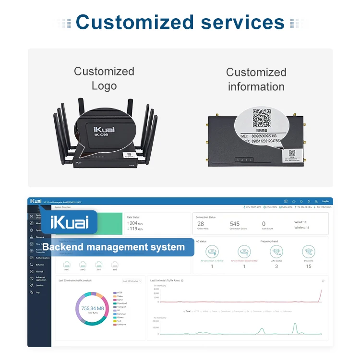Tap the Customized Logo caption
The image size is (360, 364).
click(x=104, y=79)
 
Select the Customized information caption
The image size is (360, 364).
click(x=256, y=79)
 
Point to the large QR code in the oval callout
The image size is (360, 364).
click(x=262, y=119)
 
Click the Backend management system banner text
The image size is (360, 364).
click(x=113, y=247)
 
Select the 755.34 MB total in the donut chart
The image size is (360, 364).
click(x=92, y=308)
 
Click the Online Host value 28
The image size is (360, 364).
click(x=201, y=224)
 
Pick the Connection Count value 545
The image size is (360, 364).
click(x=234, y=224)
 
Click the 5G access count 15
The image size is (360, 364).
click(x=309, y=267)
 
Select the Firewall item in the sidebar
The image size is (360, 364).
click(x=40, y=271)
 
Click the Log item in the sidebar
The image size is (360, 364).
click(x=37, y=292)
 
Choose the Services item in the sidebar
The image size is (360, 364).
click(x=39, y=285)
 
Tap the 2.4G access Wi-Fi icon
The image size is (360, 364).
click(x=276, y=251)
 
